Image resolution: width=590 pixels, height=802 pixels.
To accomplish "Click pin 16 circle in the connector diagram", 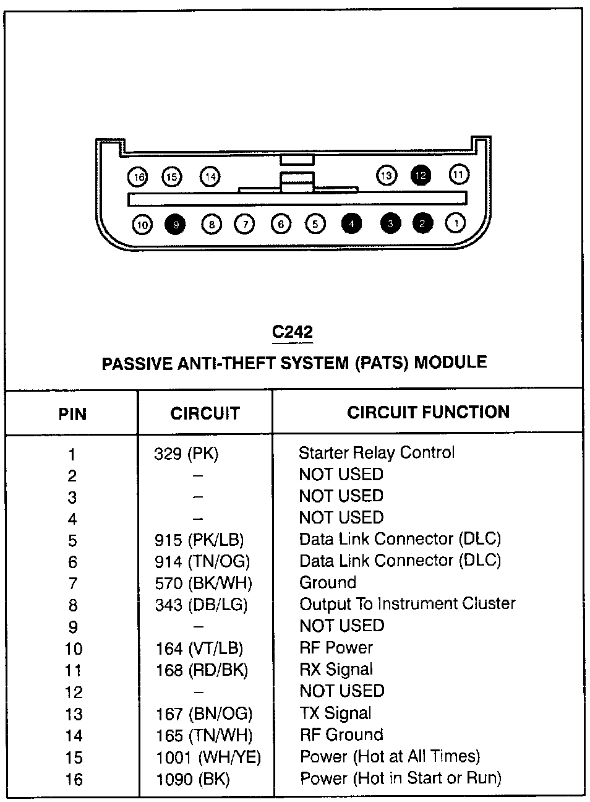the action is [x=138, y=177].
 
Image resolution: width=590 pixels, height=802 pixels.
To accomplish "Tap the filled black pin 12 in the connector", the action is [x=421, y=176].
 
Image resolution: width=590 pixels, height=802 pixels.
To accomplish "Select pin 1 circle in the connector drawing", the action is [x=455, y=223].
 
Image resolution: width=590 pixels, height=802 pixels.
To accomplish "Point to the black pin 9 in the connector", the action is [x=175, y=225].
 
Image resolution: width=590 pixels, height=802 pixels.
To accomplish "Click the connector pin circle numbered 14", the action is [x=210, y=176].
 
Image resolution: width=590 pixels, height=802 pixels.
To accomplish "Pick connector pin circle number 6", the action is [x=281, y=224].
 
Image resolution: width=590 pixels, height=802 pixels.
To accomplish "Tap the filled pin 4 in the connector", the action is [x=351, y=223].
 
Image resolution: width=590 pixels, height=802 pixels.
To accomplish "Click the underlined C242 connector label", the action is [x=293, y=332].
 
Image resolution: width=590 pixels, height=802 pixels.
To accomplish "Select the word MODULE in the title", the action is [x=450, y=362].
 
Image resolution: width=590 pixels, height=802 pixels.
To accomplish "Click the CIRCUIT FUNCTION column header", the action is [x=429, y=412].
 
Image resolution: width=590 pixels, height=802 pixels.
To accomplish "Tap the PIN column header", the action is [x=72, y=414].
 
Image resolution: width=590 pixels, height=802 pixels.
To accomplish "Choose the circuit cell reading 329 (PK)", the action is [x=186, y=454].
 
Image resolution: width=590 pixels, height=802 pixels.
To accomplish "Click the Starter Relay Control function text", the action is [x=377, y=452].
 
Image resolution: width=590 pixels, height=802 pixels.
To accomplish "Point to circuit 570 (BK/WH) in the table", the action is [x=203, y=583].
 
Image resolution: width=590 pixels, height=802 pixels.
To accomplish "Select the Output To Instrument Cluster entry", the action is [x=407, y=605].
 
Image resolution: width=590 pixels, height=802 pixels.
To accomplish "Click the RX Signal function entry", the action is [x=336, y=669].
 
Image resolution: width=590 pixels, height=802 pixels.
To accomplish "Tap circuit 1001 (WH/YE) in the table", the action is [x=208, y=757].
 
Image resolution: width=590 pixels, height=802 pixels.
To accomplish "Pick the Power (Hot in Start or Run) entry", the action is [x=401, y=778].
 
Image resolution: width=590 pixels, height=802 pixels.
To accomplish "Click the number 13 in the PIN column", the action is [x=74, y=714].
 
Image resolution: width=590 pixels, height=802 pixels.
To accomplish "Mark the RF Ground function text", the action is [x=341, y=735].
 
